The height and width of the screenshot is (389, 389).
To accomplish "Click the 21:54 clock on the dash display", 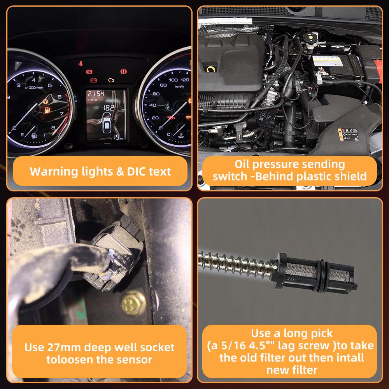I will pos(96,94).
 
